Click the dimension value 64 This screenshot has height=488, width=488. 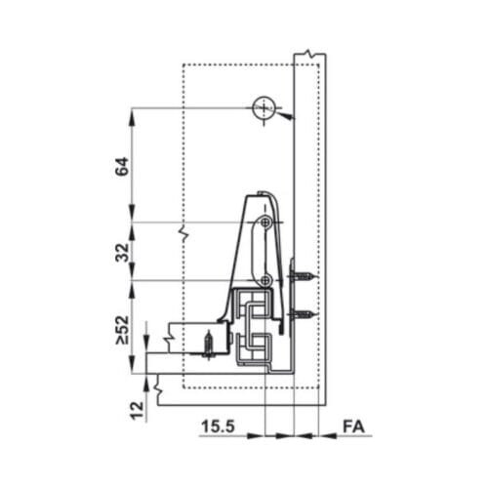pos(122,166)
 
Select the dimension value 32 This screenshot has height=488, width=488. pos(122,251)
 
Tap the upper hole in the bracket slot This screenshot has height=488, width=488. pos(264,224)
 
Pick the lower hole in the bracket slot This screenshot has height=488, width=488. pos(264,281)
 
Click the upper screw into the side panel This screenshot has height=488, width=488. pos(305,278)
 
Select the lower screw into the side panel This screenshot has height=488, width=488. pos(305,314)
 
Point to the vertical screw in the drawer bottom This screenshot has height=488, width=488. pos(208,343)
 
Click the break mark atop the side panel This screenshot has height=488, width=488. pos(308,52)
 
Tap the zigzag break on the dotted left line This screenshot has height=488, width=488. pos(183,234)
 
